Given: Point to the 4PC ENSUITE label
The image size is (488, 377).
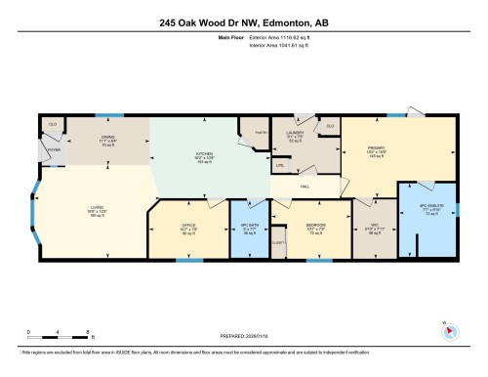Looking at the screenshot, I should (430, 207).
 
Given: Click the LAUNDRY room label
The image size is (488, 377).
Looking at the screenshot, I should (296, 131).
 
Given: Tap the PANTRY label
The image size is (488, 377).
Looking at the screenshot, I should (261, 129).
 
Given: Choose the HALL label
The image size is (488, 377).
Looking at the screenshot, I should (305, 187).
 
